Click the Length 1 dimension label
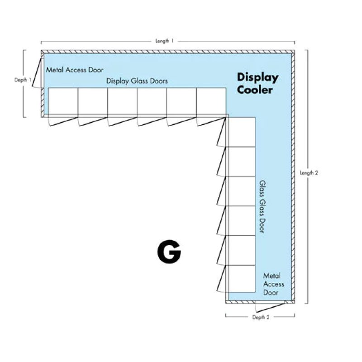tap(164, 41)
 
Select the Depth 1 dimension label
tap(23, 80)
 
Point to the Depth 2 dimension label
tap(261, 317)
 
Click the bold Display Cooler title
tap(257, 83)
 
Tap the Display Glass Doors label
tap(137, 81)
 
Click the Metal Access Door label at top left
tap(74, 70)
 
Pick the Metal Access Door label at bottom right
tap(273, 284)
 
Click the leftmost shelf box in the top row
tap(63, 102)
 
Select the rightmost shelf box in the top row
tap(211, 102)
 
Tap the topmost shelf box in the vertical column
tap(241, 132)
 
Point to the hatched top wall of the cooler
tap(167, 52)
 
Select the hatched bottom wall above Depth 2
tap(260, 300)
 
